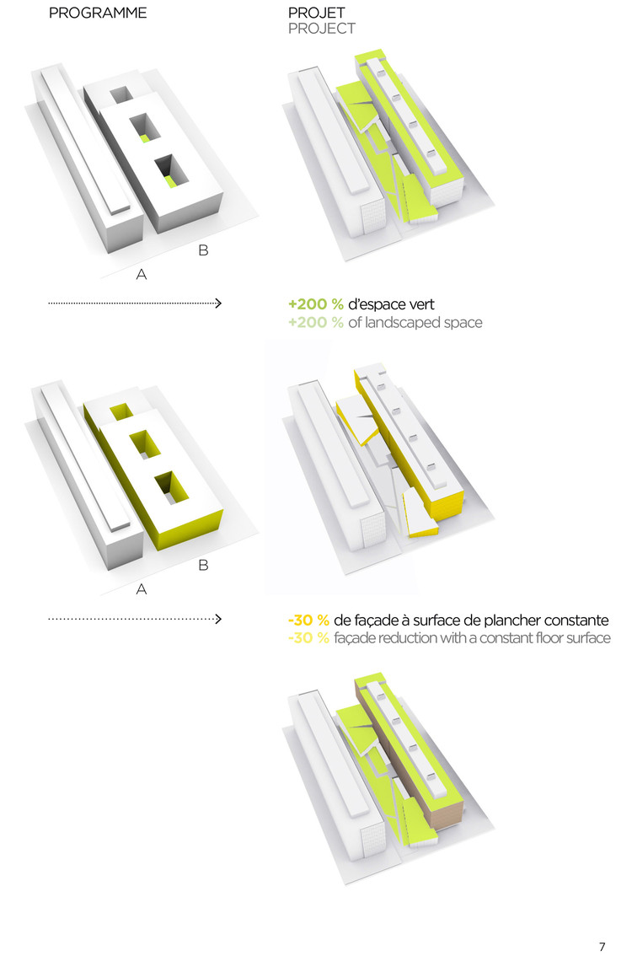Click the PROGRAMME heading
(x=98, y=13)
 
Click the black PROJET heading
(x=316, y=13)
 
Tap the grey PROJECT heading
(x=322, y=29)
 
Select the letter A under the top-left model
(x=142, y=274)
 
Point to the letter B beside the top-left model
(x=204, y=250)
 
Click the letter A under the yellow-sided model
(x=142, y=589)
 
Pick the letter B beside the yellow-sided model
(x=204, y=565)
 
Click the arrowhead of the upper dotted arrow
(x=218, y=303)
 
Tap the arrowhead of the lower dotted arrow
(x=218, y=619)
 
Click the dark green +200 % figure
(x=316, y=304)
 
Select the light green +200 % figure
(x=316, y=323)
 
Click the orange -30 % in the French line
(x=308, y=620)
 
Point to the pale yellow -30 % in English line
(x=308, y=638)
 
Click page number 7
(x=603, y=946)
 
